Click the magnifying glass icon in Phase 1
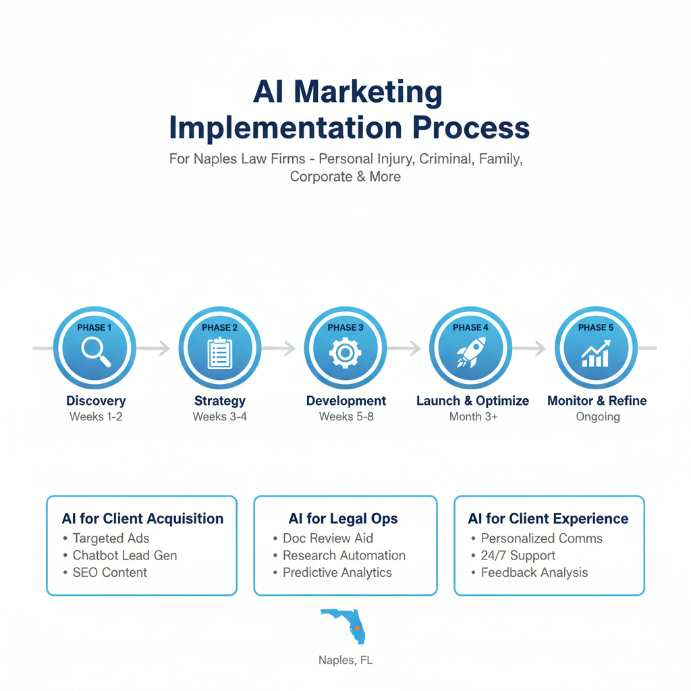click(x=95, y=352)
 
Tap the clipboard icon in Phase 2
click(x=220, y=352)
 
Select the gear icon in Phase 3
click(x=345, y=353)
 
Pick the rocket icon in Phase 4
click(x=470, y=352)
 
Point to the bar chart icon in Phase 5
click(x=596, y=353)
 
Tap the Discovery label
click(x=96, y=401)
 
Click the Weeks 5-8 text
click(x=346, y=417)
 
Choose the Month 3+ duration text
click(x=473, y=417)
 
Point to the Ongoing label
click(x=597, y=417)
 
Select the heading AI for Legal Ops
click(x=343, y=519)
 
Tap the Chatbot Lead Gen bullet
click(x=125, y=555)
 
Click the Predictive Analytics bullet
click(x=337, y=572)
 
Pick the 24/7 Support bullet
click(x=518, y=555)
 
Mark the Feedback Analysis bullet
click(x=534, y=572)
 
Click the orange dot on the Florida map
click(x=357, y=628)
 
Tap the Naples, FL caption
click(x=345, y=661)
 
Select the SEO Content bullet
click(x=109, y=572)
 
